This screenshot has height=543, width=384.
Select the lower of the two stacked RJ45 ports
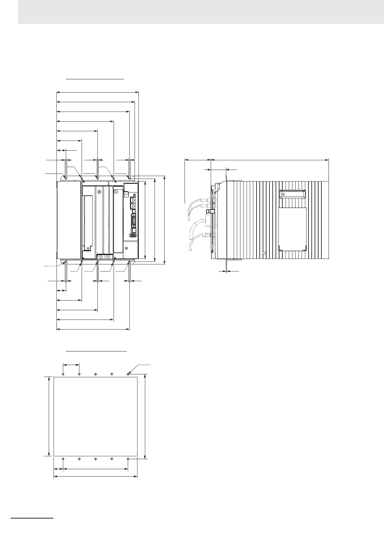tap(133, 206)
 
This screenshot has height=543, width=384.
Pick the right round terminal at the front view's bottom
tap(108, 257)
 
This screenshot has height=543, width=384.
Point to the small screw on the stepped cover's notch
tap(88, 248)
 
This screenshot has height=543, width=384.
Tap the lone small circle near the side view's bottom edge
tap(264, 253)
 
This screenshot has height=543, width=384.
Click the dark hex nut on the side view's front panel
tap(211, 211)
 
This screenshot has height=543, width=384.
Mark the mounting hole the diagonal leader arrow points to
tap(128, 374)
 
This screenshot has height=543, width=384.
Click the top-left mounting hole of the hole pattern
tap(63, 374)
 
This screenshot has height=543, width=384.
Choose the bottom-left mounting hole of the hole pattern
tap(63, 459)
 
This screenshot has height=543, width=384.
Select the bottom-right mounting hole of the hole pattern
tap(128, 459)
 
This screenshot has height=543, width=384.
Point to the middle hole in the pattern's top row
tap(96, 374)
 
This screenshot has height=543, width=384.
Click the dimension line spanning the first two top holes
tap(71, 365)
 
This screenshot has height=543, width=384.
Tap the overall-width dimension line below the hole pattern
tap(96, 477)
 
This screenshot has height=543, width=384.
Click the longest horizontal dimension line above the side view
tap(269, 159)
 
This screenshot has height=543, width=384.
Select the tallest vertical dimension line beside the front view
tap(165, 220)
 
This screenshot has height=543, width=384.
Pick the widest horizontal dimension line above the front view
tap(97, 92)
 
